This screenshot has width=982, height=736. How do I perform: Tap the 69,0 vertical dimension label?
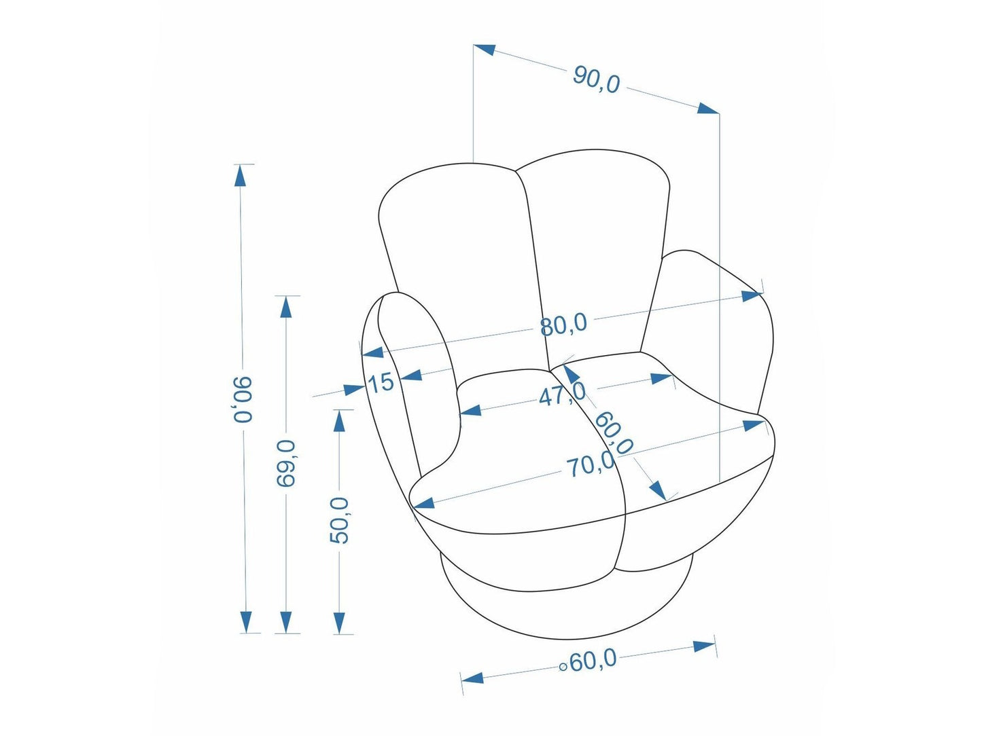(286, 463)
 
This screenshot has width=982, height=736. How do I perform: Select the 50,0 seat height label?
(339, 520)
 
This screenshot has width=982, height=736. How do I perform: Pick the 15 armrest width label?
(381, 383)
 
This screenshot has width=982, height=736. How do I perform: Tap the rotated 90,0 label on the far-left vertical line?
(243, 399)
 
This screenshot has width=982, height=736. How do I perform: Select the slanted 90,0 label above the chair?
(597, 79)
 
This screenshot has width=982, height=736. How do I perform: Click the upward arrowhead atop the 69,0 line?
(286, 308)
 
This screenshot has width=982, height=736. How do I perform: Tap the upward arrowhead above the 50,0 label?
(339, 421)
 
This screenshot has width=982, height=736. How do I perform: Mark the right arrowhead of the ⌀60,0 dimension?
(704, 646)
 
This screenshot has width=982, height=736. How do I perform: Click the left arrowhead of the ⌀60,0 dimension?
(472, 678)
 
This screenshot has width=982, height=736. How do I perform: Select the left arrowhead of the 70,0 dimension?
(423, 504)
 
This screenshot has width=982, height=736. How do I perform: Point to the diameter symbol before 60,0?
(563, 667)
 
